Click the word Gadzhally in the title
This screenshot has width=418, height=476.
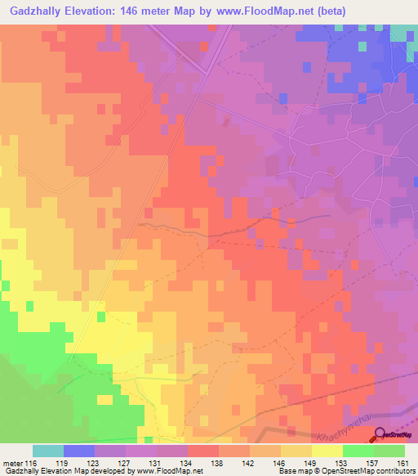(38, 11)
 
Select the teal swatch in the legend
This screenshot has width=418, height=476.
(48, 451)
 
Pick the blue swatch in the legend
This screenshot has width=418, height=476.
(79, 451)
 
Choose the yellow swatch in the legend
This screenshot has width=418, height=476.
(327, 451)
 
